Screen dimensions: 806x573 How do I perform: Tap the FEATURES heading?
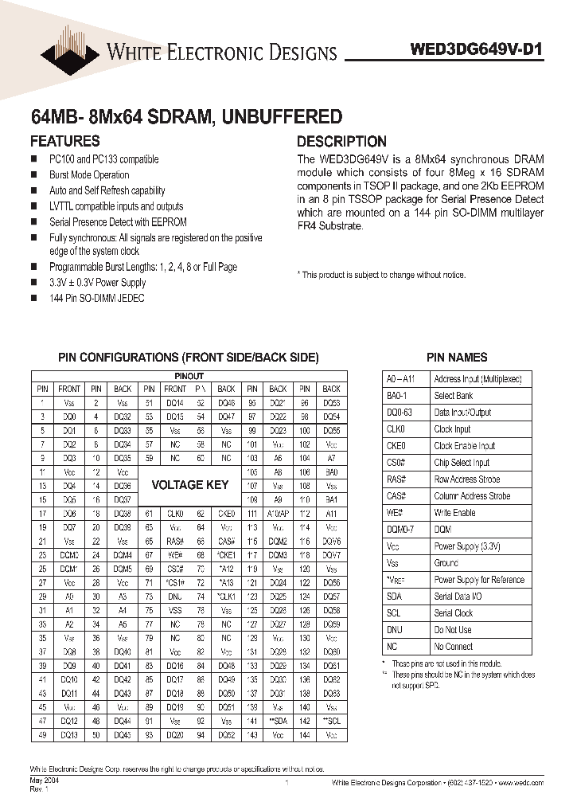coord(64,141)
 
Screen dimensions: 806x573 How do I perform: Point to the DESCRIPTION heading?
coord(341,141)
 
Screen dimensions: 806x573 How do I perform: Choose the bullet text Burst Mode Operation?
coord(89,175)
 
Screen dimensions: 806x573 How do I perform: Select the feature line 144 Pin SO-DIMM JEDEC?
coord(97,298)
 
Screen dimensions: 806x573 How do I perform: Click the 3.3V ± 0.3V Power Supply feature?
coord(98,283)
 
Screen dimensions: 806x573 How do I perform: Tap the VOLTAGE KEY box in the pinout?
coord(189,484)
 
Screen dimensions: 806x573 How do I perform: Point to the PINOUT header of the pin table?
coord(189,376)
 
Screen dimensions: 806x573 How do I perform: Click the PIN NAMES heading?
coord(457,358)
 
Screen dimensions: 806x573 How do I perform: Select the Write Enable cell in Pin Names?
coord(454,513)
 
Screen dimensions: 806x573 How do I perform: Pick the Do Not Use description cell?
coord(453,630)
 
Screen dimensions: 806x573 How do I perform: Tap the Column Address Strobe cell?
coord(472,496)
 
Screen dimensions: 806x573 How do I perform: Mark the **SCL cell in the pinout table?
coord(332,721)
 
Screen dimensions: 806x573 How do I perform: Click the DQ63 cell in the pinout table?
coord(332,694)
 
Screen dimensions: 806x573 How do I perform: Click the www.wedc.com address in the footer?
coord(521,784)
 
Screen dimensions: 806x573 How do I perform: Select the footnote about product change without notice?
coord(381,275)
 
